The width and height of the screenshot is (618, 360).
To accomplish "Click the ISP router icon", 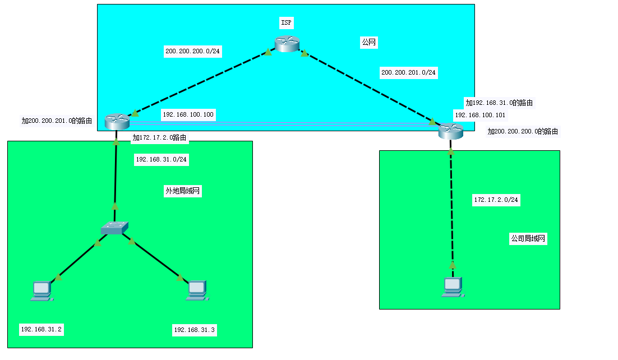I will coord(287,44).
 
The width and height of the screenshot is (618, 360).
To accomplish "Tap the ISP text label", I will coord(287,23).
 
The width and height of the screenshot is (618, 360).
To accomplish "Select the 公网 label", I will coord(368,42).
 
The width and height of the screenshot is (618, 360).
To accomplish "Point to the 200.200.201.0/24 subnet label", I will coord(409,72).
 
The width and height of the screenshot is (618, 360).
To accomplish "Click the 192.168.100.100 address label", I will coord(188,114).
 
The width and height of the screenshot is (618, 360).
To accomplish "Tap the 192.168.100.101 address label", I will coord(479,114).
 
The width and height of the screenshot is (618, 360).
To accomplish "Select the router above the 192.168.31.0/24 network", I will coord(117,121).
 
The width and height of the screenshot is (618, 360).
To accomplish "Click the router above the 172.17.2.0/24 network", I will coord(451,132).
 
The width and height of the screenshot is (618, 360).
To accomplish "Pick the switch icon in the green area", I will coord(114,228).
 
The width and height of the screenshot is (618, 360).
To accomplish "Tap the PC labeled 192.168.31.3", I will coord(196,289).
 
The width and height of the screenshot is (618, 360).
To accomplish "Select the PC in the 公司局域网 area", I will coord(453,287).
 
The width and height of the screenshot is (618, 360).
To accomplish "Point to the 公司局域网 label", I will coord(528,238).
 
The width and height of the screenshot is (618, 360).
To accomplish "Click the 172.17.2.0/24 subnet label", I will coord(496,200).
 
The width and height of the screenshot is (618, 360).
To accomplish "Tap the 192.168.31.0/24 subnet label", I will coord(162,160).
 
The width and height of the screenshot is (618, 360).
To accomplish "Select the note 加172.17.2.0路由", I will coord(159,137).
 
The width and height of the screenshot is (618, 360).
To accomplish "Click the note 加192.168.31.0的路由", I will coord(499,103).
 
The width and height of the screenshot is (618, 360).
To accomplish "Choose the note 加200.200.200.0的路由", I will coord(523,131).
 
